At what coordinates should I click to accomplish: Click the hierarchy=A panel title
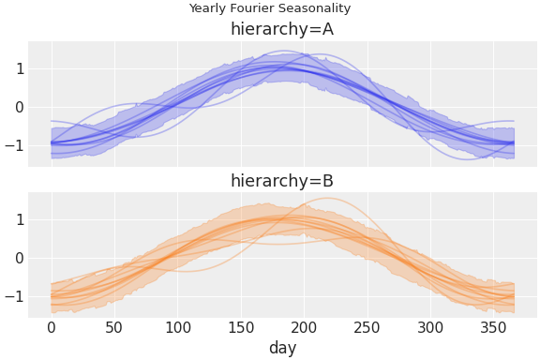pos(282,29)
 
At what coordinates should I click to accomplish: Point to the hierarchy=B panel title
pos(282,181)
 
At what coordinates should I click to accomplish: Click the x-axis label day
pos(282,348)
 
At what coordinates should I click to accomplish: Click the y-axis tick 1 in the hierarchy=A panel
pos(19,68)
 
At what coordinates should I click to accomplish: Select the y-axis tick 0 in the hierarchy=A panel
pos(19,107)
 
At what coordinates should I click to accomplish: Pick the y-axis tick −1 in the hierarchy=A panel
pos(15,145)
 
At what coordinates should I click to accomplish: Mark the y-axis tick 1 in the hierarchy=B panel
pos(19,219)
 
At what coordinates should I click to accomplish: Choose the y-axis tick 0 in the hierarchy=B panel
pos(19,258)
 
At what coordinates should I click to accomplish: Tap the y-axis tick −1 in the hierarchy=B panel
pos(15,296)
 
